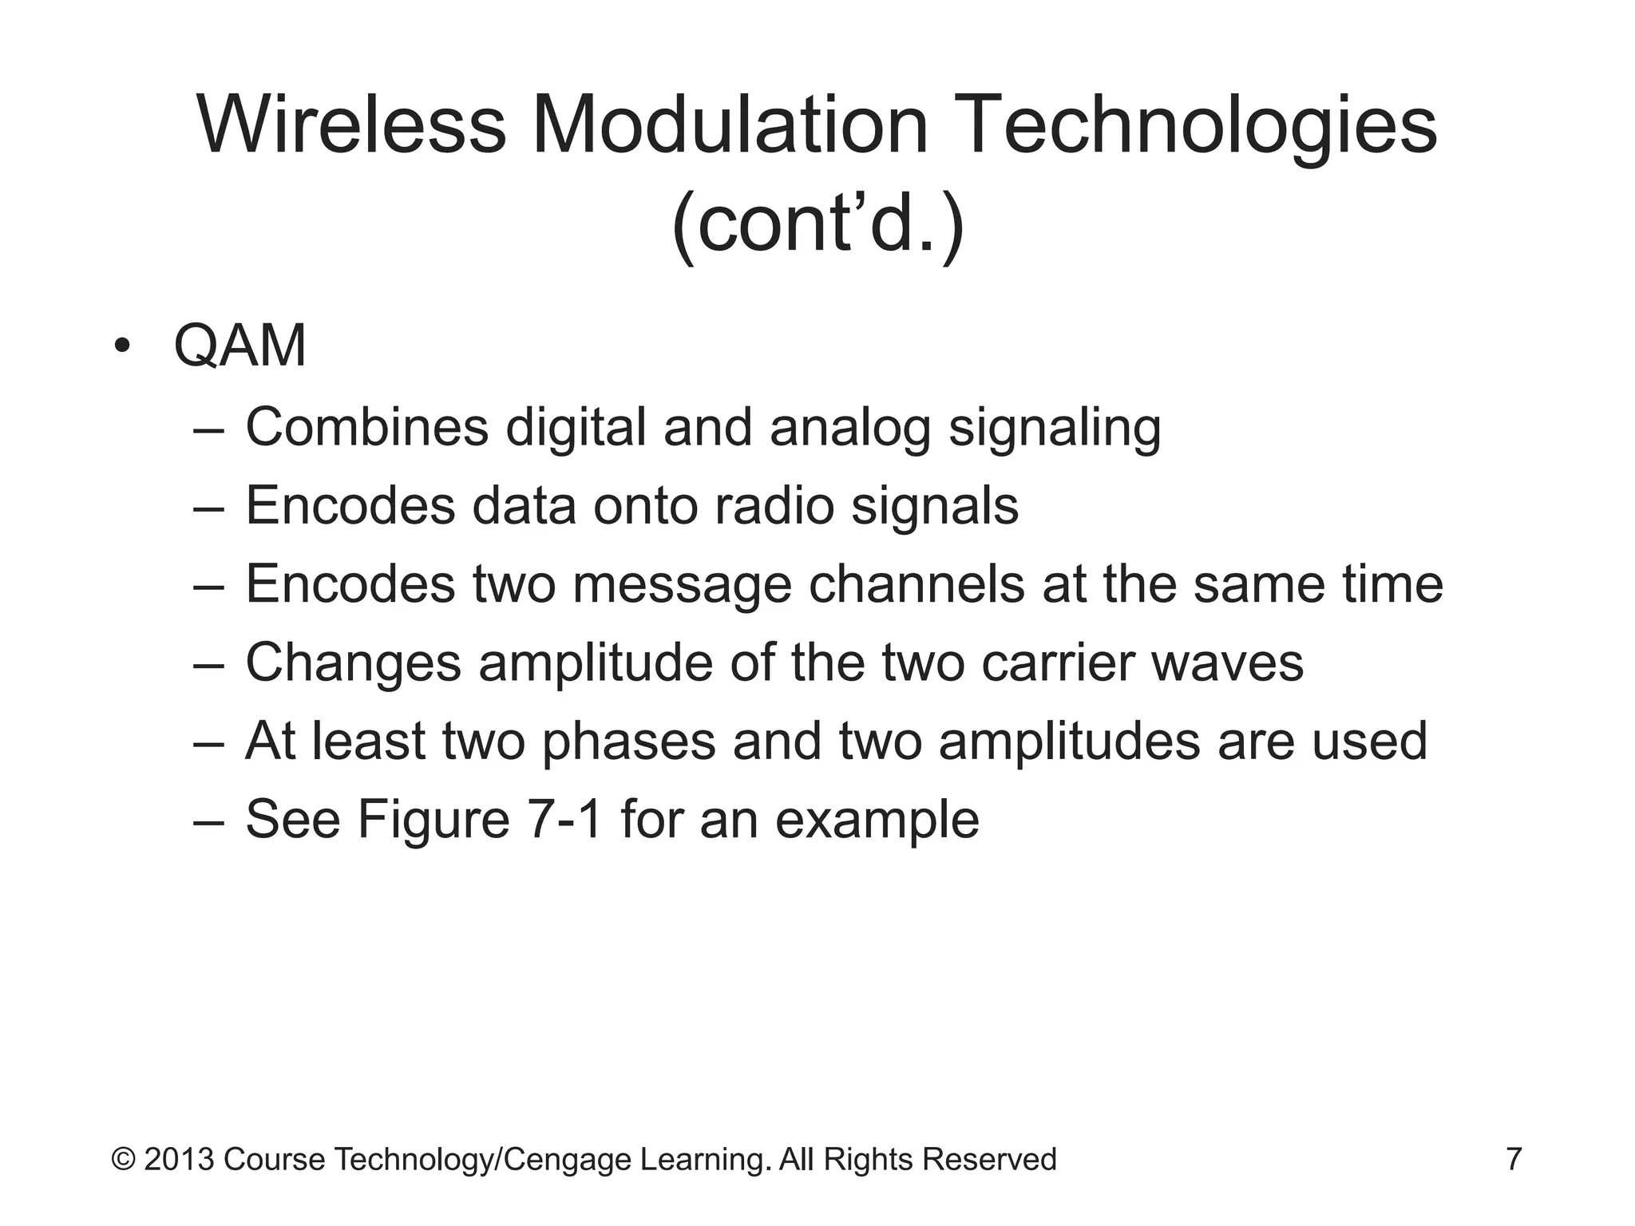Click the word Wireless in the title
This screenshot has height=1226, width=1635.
pyautogui.click(x=352, y=125)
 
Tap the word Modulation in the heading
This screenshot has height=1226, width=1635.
pyautogui.click(x=730, y=125)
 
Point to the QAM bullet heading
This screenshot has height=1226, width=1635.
pyautogui.click(x=240, y=346)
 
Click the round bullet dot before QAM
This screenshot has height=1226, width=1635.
pyautogui.click(x=121, y=346)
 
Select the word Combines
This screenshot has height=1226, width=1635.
pyautogui.click(x=366, y=427)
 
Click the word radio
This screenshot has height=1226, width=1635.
pyautogui.click(x=774, y=505)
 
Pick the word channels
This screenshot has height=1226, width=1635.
pyautogui.click(x=916, y=583)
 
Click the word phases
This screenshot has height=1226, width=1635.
pyautogui.click(x=629, y=742)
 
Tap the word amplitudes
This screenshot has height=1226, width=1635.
pyautogui.click(x=1070, y=742)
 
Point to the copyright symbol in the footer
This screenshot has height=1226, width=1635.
pyautogui.click(x=123, y=1159)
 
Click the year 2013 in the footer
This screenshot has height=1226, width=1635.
pyautogui.click(x=179, y=1159)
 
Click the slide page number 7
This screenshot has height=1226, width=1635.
pyautogui.click(x=1514, y=1159)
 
